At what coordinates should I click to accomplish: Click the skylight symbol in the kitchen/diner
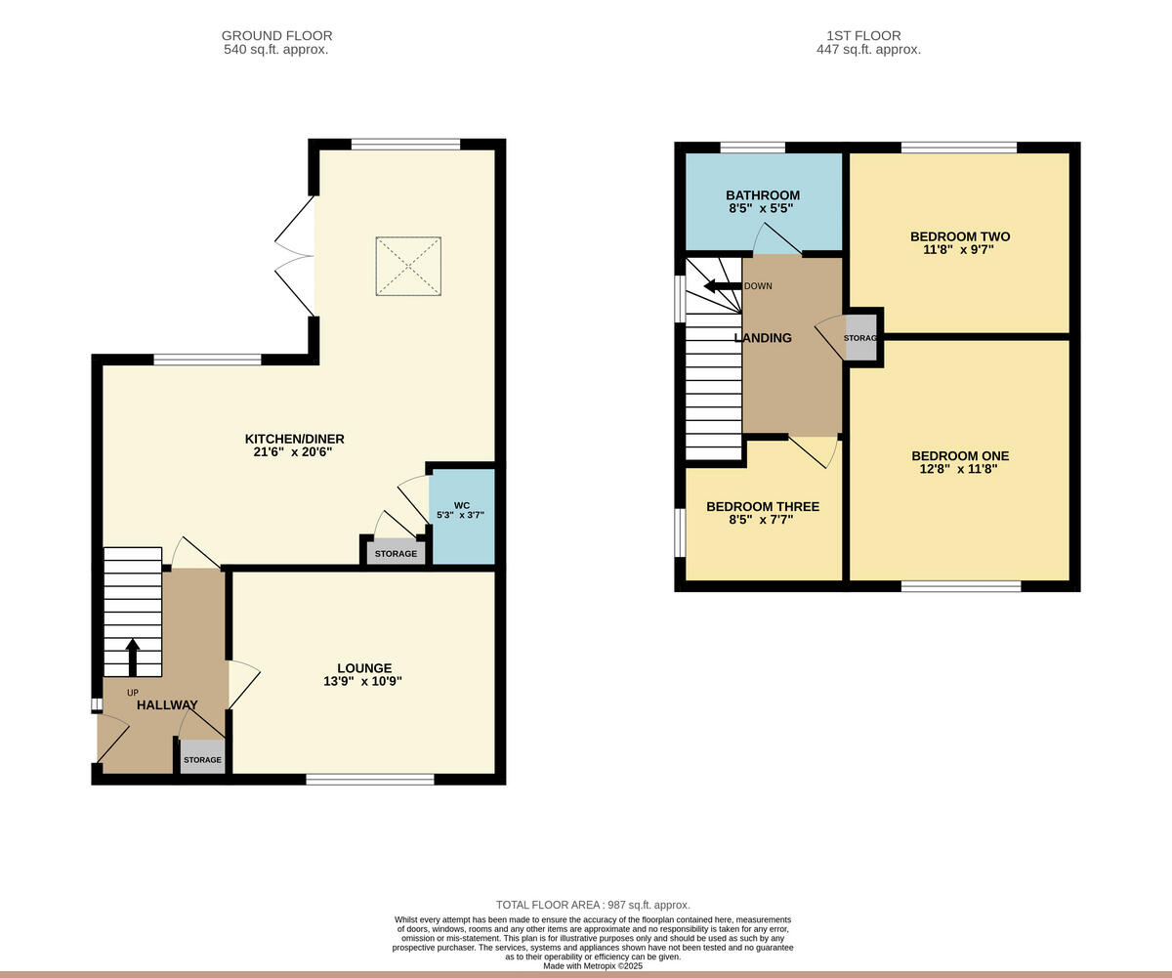pos(408,265)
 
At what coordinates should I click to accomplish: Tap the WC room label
pos(461,505)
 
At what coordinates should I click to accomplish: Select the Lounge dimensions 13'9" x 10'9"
pos(363,681)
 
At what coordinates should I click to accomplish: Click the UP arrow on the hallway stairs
pos(133,658)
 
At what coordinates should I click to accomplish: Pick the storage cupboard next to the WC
pos(396,553)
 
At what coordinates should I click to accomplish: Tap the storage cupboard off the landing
pos(860,338)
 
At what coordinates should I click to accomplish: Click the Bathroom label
pos(763,195)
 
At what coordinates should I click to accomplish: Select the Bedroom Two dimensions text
pos(959,249)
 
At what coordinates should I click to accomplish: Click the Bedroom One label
pos(960,455)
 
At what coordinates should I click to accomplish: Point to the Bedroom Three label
pos(763,506)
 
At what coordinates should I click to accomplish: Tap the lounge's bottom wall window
pos(369,779)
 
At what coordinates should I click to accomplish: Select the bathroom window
pos(753,148)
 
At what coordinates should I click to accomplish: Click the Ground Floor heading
pos(276,36)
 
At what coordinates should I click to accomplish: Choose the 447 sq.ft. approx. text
pos(868,49)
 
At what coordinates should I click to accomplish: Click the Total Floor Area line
pos(593,905)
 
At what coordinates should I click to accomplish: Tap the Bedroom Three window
pos(681,532)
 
